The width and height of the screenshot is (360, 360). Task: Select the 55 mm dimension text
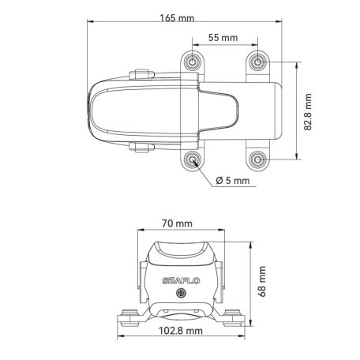pyautogui.click(x=223, y=38)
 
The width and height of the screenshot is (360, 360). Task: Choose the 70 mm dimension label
pyautogui.click(x=178, y=223)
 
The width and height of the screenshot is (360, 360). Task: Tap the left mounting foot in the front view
pyautogui.click(x=126, y=317)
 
